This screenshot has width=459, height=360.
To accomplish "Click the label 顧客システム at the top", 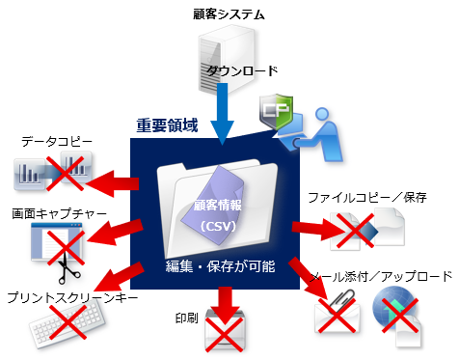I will (229, 14).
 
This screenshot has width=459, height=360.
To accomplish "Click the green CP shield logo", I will (280, 113).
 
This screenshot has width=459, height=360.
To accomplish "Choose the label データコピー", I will (57, 143).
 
